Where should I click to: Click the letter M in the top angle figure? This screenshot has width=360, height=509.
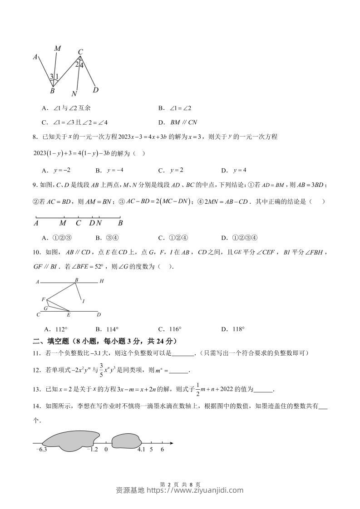(58, 49)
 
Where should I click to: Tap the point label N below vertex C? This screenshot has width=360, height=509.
(74, 94)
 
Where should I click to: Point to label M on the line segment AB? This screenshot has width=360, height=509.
(63, 223)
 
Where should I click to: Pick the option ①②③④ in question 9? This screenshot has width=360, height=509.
(240, 238)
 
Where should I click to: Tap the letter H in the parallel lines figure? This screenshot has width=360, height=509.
(102, 281)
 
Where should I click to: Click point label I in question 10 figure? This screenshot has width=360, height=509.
(83, 301)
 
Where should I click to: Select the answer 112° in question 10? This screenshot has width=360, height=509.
(56, 329)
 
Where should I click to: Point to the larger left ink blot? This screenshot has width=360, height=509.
(70, 440)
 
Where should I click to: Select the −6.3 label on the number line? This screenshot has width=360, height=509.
(41, 450)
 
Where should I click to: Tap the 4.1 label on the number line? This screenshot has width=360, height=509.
(141, 450)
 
